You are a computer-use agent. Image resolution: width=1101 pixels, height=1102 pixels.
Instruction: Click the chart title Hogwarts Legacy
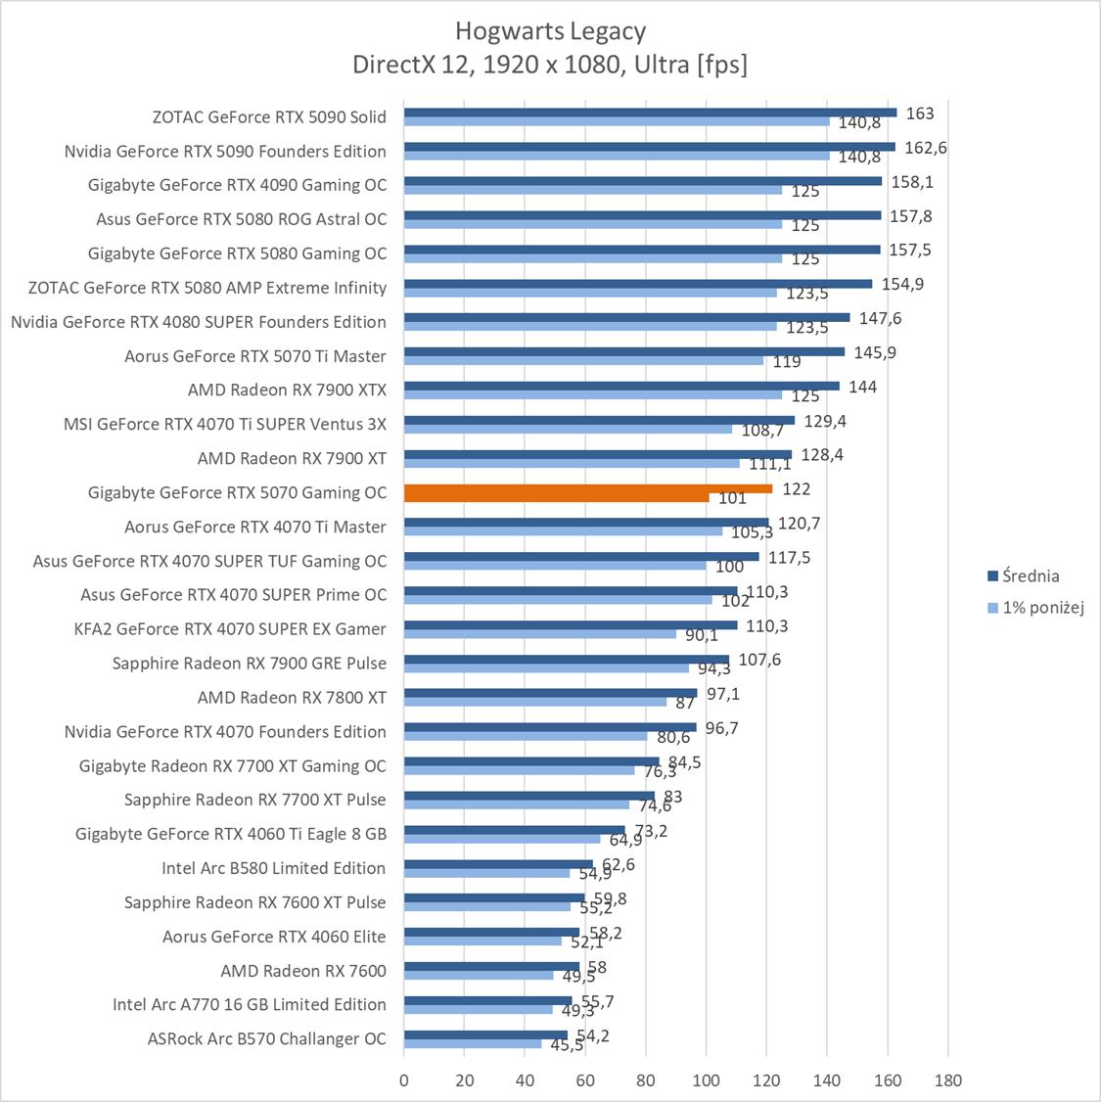(550, 31)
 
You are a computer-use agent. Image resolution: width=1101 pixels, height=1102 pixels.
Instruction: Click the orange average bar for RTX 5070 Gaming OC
(587, 488)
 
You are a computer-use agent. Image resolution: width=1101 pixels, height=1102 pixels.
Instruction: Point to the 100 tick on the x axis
(706, 1080)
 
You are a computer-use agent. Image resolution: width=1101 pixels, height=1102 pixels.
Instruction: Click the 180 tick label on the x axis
(947, 1080)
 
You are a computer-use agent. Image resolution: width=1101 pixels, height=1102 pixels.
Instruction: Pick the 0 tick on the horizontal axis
(404, 1080)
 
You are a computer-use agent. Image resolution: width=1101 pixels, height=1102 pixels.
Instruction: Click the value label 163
(919, 114)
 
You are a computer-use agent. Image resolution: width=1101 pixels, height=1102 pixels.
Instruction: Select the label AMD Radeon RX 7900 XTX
(287, 390)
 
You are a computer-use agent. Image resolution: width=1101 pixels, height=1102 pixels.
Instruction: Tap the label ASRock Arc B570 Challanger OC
(266, 1038)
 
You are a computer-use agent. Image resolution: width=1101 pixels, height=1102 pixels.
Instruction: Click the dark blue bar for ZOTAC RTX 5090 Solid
(650, 113)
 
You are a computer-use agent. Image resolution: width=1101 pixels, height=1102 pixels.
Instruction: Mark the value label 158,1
(910, 182)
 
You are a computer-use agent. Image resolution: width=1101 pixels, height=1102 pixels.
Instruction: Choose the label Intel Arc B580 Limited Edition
(273, 868)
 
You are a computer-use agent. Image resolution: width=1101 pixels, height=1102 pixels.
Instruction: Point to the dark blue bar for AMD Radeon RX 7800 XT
(550, 693)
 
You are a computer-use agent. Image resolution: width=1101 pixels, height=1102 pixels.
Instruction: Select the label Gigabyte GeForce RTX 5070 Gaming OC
(237, 492)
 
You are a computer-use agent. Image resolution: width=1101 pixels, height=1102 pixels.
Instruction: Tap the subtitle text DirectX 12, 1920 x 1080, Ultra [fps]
(550, 65)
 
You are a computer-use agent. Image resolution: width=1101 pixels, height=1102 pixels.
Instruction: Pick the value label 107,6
(759, 660)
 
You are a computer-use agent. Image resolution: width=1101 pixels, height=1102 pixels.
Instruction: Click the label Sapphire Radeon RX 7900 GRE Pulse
(249, 663)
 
